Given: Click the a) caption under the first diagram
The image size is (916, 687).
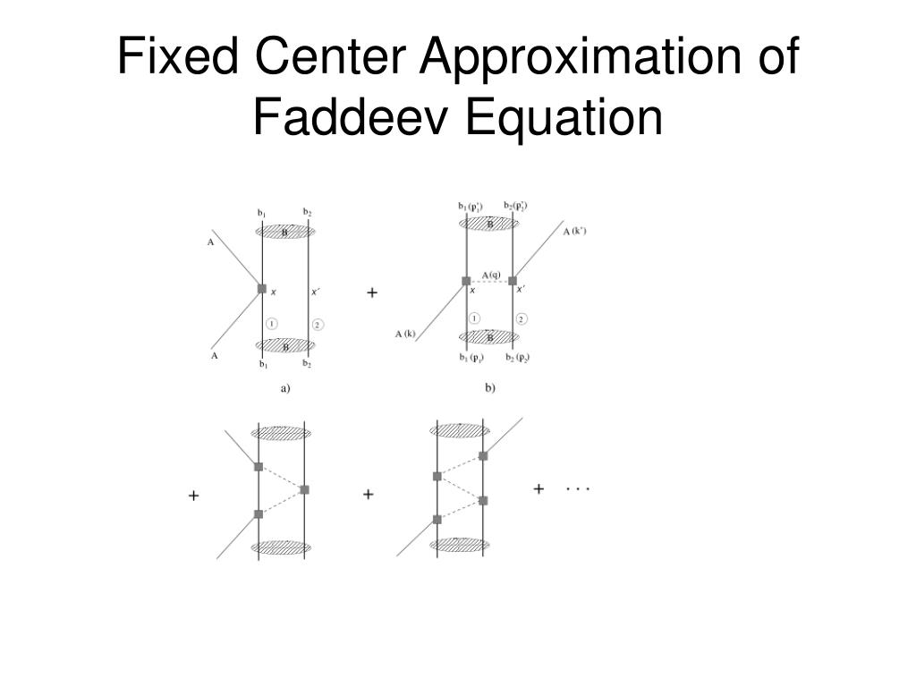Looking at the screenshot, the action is coord(286,388).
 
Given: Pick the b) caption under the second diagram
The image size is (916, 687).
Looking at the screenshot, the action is coord(490,388).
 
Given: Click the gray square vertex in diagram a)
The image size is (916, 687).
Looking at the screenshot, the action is coord(261,288).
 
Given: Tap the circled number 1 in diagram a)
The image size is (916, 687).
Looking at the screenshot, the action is coord(272,323).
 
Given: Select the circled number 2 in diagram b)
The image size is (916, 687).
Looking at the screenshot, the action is coord(522,318).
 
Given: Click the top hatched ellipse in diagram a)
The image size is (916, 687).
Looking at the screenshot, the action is coord(285,232).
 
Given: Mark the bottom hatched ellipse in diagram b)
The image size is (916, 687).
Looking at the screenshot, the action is coord(489,337).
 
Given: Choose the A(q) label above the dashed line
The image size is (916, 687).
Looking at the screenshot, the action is coord(491,275).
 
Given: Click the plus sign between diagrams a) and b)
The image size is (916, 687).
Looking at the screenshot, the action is coord(372,293).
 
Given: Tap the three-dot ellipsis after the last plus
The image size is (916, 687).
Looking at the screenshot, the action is coord(578,489).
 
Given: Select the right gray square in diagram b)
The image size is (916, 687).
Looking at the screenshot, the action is coord(513,281).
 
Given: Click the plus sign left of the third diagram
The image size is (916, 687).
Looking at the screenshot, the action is coord(193,494).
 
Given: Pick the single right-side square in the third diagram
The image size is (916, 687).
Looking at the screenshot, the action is coord(304,489).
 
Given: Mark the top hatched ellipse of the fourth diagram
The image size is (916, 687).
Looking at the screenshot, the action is coord(460,430).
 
